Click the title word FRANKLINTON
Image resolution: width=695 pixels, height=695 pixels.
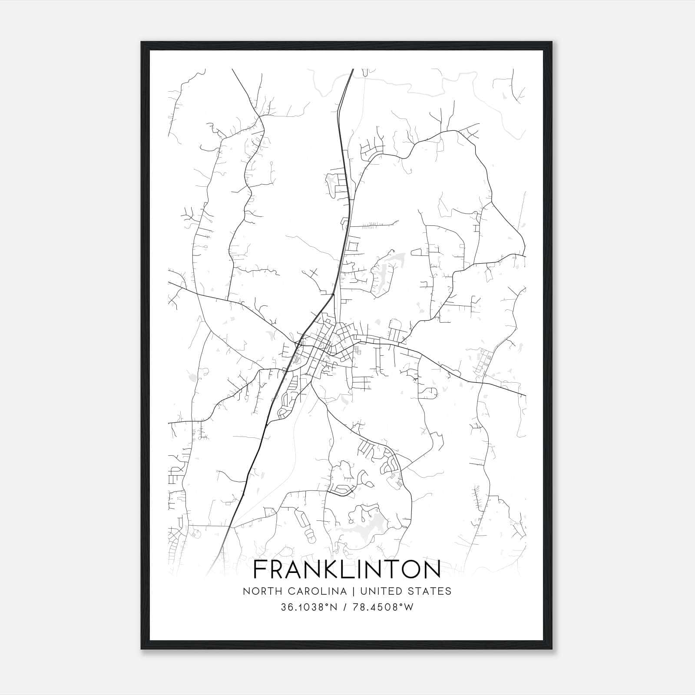pos(347,570)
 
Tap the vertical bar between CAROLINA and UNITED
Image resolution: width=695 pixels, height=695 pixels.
pos(351,591)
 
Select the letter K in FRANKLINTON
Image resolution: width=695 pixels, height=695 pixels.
pos(331,570)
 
